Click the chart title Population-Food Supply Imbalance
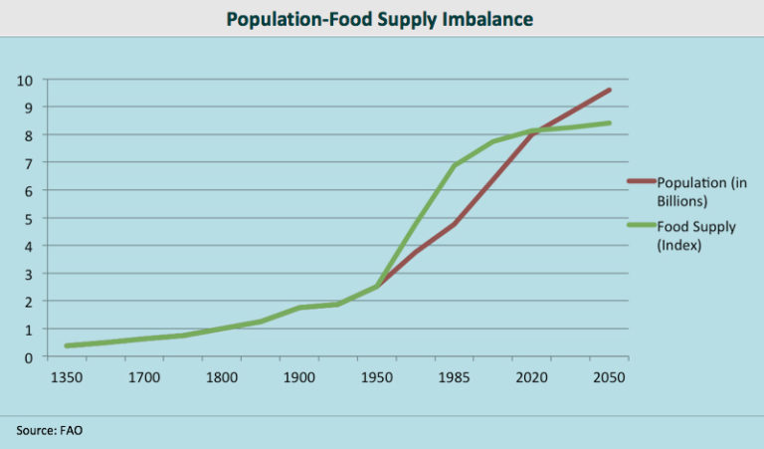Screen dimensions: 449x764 381,18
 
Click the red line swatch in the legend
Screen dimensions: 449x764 640,181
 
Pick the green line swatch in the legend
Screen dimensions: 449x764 640,227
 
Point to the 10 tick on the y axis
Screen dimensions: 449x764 26,80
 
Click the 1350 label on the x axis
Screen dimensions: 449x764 67,378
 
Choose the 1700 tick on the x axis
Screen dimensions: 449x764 144,378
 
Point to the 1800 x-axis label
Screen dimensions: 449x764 222,378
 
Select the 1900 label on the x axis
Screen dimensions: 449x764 299,378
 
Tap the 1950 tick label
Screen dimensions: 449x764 377,378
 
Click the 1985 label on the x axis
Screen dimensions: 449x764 455,378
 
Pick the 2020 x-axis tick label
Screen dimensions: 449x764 532,378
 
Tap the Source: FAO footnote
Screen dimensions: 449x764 50,430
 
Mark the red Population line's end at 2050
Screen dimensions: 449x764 609,90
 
